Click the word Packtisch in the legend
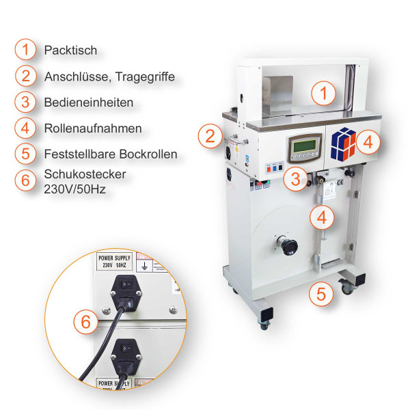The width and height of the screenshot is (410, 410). pyautogui.click(x=70, y=51)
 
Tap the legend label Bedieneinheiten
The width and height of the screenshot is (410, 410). pyautogui.click(x=88, y=102)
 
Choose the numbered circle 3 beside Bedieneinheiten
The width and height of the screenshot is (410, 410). pyautogui.click(x=25, y=102)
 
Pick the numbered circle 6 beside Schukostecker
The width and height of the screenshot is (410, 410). pyautogui.click(x=25, y=180)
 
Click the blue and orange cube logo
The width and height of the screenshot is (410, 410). pyautogui.click(x=344, y=143)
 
